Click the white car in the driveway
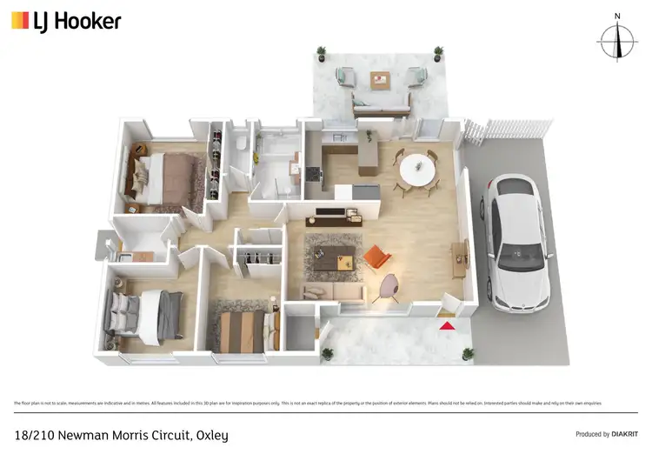(518, 243)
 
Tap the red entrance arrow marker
(446, 325)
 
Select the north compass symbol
(616, 40)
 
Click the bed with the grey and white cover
(143, 311)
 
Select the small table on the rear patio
(380, 80)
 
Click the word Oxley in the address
(210, 434)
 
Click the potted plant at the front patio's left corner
(328, 353)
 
